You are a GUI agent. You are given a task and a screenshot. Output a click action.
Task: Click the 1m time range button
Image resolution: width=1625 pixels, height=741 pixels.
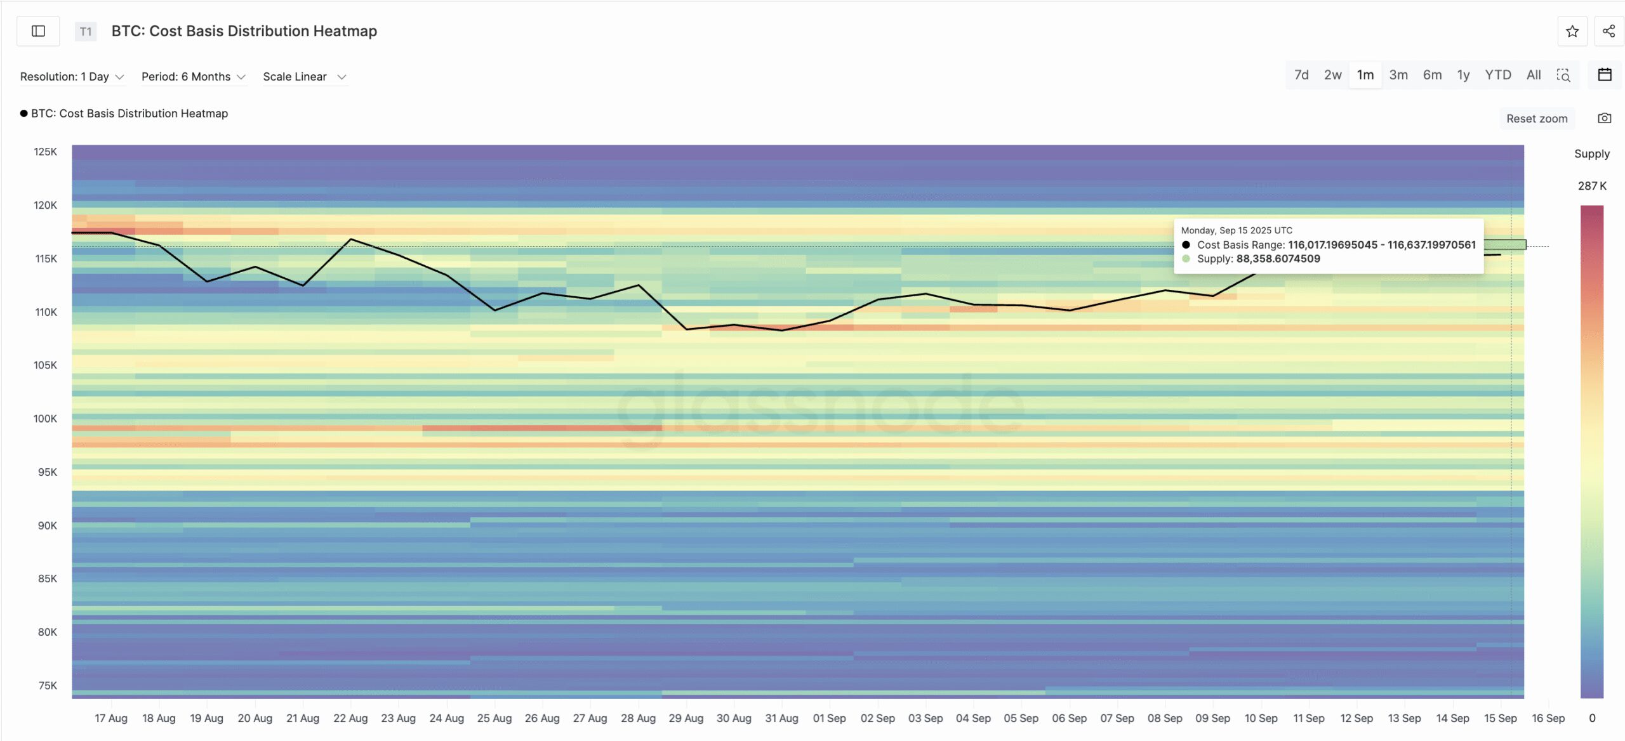click(x=1365, y=75)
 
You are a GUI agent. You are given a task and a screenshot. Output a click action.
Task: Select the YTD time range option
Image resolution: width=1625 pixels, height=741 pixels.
click(x=1497, y=75)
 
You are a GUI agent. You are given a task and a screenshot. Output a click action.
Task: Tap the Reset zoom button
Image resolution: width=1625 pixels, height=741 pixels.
click(x=1536, y=119)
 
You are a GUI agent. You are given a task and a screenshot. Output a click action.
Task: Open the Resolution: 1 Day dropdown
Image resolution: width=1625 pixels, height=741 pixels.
click(x=72, y=77)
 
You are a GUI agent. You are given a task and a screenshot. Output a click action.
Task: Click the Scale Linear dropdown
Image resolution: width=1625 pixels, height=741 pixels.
click(x=304, y=77)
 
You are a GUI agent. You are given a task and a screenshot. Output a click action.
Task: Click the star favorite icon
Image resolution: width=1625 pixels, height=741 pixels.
click(x=1572, y=31)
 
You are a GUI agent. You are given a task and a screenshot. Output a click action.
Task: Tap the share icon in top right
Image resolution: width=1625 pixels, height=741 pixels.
click(x=1608, y=31)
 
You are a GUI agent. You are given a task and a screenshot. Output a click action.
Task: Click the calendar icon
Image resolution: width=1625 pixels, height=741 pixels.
click(x=1604, y=75)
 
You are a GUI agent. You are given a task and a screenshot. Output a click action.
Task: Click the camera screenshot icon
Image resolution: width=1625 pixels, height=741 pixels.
click(x=1604, y=119)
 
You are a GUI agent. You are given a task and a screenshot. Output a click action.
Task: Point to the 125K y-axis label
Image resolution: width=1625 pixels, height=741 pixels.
click(x=45, y=152)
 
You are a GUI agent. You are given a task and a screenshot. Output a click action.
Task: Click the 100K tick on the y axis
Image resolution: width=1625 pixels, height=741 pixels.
click(x=45, y=419)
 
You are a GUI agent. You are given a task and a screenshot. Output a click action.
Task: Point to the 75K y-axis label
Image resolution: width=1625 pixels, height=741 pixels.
click(x=48, y=686)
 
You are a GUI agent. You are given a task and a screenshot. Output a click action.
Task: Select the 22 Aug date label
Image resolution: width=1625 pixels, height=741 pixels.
click(x=350, y=718)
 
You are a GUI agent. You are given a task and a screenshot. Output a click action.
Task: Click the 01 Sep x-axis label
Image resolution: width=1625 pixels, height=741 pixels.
click(x=829, y=718)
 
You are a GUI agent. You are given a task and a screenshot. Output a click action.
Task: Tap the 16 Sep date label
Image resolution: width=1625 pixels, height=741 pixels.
click(x=1548, y=718)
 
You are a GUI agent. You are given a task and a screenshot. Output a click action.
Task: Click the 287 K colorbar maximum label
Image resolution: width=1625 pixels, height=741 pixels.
click(x=1592, y=186)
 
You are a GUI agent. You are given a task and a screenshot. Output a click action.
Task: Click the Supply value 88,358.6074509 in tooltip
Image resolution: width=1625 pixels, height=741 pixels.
click(x=1278, y=259)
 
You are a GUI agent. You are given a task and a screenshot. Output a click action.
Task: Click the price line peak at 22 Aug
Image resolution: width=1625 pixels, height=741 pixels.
click(x=351, y=239)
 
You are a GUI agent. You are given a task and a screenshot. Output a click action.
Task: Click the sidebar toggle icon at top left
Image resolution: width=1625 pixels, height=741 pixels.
click(x=38, y=31)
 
